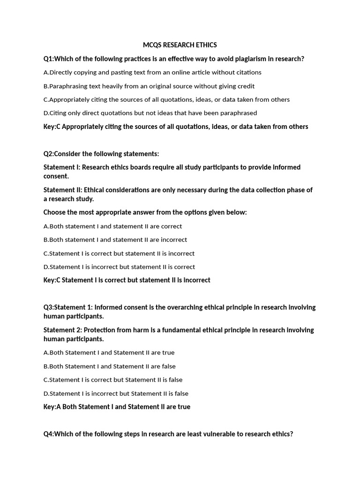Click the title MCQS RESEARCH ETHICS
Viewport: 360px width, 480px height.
pos(180,45)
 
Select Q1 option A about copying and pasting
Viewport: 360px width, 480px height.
pos(152,72)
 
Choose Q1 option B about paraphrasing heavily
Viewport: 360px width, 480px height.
pos(149,86)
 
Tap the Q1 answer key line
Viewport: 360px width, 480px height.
pos(176,127)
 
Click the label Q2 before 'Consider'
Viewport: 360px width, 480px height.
pos(48,154)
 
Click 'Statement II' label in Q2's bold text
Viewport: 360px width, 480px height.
pos(63,190)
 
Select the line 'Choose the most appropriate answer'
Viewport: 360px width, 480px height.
pos(145,212)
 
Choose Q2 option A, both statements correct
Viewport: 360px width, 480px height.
pos(112,226)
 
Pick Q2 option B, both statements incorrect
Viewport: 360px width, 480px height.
pos(115,240)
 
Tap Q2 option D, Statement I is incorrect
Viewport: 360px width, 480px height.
pos(119,267)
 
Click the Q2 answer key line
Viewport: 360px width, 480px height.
pos(127,280)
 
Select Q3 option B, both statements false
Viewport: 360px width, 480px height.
pos(110,366)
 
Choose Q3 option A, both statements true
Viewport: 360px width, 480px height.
pos(109,352)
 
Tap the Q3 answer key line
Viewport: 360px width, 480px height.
pos(117,407)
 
